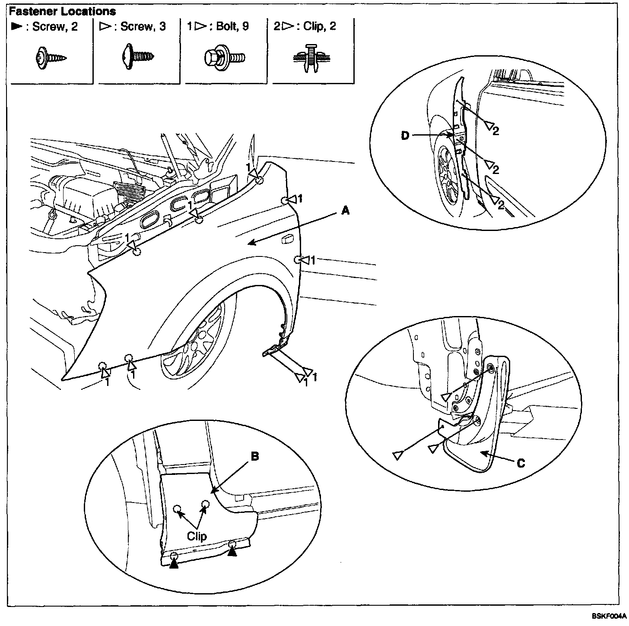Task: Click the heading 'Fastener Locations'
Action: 62,11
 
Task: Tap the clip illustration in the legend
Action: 311,58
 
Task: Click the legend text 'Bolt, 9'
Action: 232,26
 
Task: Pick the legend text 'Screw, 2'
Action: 55,26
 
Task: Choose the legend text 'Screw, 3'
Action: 143,26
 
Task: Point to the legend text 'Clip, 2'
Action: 320,26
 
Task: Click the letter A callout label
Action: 345,211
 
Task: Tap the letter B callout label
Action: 255,456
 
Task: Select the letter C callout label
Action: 521,463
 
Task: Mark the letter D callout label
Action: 405,136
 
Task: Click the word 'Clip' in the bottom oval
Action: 197,536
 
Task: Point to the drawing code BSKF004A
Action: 609,616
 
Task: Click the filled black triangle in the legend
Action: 17,26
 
